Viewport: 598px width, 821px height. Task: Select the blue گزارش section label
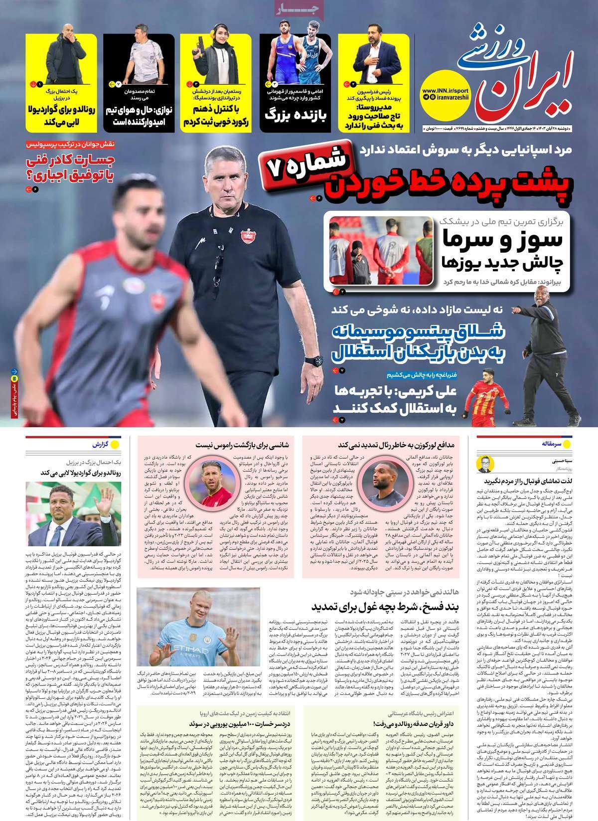(x=99, y=444)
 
